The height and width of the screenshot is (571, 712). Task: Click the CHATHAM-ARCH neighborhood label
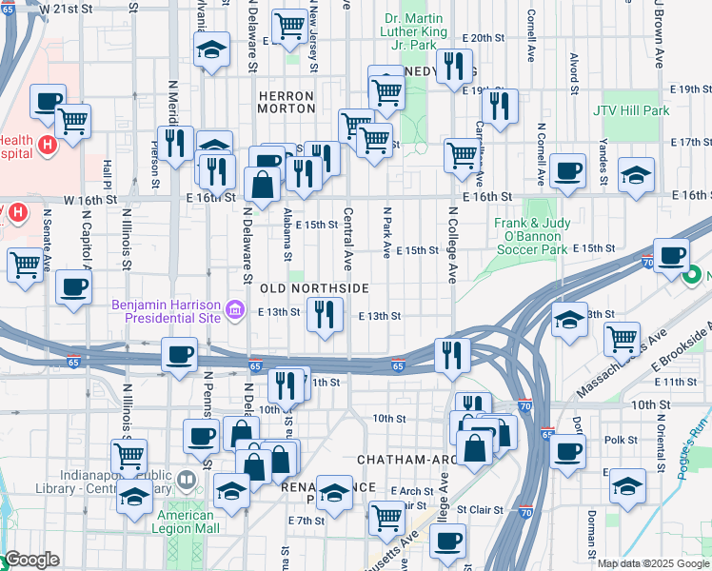click(x=403, y=460)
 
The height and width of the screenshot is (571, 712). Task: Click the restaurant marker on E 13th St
click(x=325, y=314)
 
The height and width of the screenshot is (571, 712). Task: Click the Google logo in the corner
click(x=31, y=560)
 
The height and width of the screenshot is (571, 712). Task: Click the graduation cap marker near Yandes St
click(x=636, y=175)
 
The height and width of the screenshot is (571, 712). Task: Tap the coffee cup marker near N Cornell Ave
click(x=568, y=170)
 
